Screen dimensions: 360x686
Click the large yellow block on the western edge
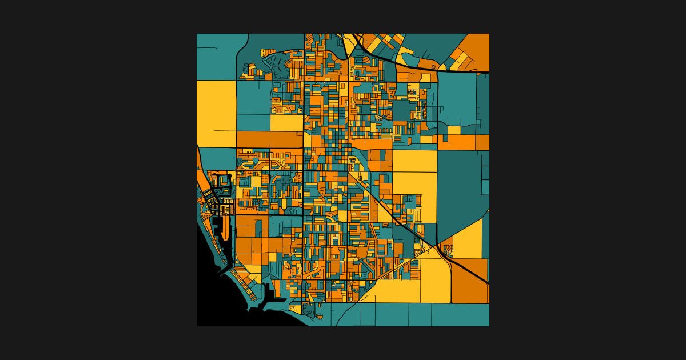click(x=216, y=113)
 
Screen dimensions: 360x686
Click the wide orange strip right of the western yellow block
click(x=269, y=139)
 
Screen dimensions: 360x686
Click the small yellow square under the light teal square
click(x=454, y=130)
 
